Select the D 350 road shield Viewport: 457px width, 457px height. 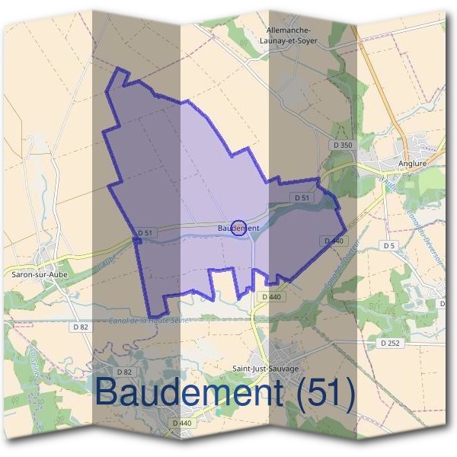tap(344, 145)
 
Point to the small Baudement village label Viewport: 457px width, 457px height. tap(238, 228)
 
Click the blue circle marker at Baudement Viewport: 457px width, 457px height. tap(238, 228)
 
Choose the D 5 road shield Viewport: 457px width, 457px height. tap(389, 245)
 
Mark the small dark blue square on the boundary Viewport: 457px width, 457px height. tap(137, 241)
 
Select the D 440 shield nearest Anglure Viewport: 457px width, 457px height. tap(333, 241)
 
